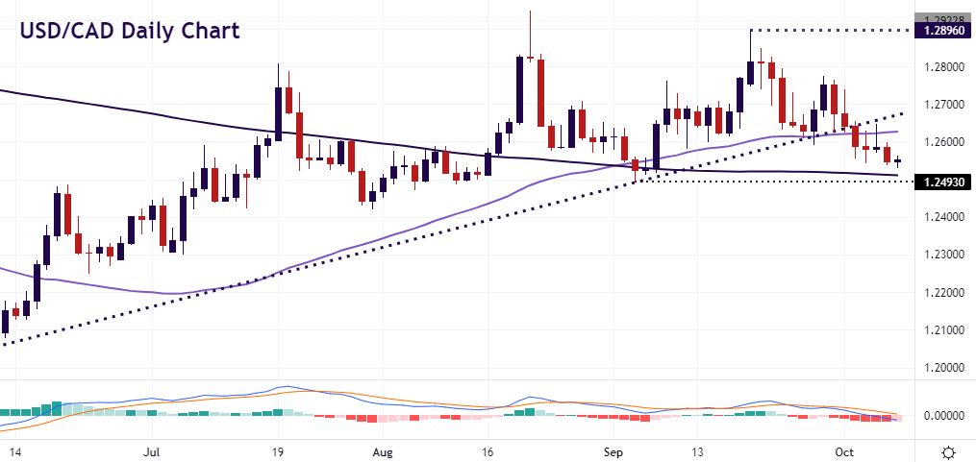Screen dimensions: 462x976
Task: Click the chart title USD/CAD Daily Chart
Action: click(130, 30)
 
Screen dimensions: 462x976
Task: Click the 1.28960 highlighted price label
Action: click(944, 31)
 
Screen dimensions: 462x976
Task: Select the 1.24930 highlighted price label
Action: click(944, 181)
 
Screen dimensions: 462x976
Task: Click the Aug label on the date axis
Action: click(382, 449)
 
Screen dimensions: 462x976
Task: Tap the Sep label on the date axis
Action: click(612, 449)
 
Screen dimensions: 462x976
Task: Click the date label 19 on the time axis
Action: click(278, 449)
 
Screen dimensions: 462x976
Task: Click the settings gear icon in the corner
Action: click(948, 450)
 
